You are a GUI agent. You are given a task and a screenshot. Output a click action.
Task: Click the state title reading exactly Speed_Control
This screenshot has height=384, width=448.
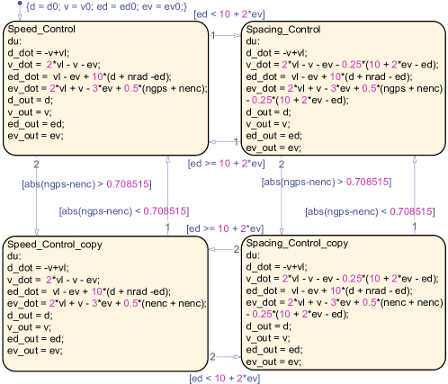(x=41, y=30)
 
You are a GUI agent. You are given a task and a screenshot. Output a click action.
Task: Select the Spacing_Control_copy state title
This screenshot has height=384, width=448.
(x=297, y=244)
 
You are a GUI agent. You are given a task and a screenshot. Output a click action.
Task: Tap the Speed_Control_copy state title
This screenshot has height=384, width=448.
(x=55, y=245)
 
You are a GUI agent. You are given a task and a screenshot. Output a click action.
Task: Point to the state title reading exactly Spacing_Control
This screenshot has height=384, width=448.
(x=283, y=30)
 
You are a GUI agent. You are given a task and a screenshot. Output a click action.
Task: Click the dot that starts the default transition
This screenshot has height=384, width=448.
(x=20, y=4)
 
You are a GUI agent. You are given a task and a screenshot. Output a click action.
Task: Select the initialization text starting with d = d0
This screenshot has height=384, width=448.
(x=107, y=6)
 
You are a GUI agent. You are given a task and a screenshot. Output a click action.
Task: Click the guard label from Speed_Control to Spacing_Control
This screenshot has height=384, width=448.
(x=229, y=14)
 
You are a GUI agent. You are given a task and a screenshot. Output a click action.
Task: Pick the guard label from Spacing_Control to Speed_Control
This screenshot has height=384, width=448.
(x=227, y=164)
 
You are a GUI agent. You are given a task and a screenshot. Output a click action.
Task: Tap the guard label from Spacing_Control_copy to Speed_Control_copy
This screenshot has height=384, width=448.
(x=225, y=228)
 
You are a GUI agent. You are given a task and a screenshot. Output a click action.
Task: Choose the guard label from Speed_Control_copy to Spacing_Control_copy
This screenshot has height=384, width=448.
(x=225, y=378)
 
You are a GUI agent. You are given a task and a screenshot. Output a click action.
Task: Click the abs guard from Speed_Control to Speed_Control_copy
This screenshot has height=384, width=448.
(x=86, y=184)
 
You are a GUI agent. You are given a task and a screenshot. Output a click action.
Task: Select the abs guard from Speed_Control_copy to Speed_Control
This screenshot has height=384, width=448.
(x=124, y=211)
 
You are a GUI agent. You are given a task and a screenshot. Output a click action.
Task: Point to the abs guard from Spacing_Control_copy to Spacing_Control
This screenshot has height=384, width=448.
(x=370, y=211)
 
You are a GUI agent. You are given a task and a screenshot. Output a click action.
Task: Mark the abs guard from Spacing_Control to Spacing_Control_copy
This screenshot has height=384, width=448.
(x=327, y=182)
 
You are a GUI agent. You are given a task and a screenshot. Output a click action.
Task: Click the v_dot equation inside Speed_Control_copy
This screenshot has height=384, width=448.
(x=53, y=280)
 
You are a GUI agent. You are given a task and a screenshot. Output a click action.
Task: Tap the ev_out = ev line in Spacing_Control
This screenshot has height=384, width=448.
(x=273, y=148)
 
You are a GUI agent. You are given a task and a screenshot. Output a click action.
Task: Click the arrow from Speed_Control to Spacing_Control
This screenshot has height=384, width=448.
(x=225, y=35)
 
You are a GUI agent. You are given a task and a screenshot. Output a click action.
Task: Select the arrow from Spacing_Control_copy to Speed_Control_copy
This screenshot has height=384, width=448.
(x=225, y=249)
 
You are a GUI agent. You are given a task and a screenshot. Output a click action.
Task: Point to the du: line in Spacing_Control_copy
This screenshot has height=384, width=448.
(x=253, y=255)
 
